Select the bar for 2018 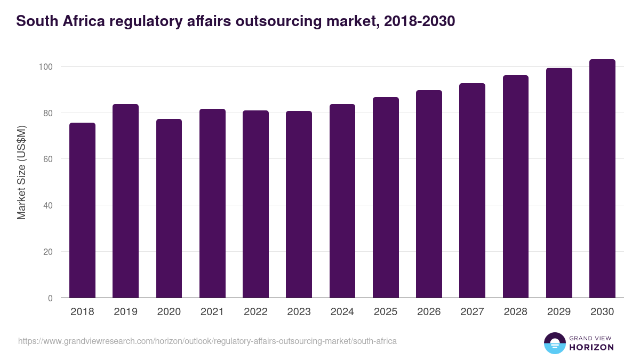(x=82, y=210)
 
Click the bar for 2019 (x=125, y=201)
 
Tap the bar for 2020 (x=169, y=209)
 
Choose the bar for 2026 (x=429, y=194)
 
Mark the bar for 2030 (x=602, y=179)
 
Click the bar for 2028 (x=516, y=187)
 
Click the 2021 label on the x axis (x=212, y=312)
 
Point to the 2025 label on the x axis (x=386, y=312)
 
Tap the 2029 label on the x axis (x=559, y=312)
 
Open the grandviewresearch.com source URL (x=207, y=341)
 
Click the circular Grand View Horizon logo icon (x=555, y=343)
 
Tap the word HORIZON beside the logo (x=591, y=347)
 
